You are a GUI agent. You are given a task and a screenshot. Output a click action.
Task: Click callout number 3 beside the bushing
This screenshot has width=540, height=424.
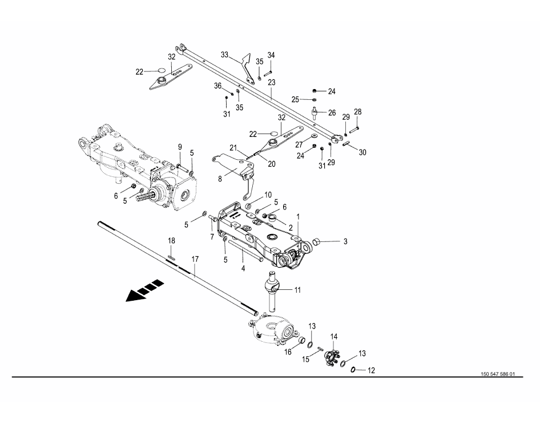(345, 243)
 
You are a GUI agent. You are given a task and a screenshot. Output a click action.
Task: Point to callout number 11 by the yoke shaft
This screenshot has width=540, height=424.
(297, 290)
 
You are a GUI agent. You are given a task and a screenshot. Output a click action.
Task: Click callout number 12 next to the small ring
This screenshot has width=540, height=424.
(371, 370)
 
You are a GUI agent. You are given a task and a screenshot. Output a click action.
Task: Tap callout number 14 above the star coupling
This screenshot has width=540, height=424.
(334, 337)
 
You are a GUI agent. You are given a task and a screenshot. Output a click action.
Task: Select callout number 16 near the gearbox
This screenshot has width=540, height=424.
(288, 352)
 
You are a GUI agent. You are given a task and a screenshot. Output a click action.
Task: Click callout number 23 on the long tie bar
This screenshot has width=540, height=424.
(272, 83)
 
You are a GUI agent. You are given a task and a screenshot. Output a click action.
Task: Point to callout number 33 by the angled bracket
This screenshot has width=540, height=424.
(224, 55)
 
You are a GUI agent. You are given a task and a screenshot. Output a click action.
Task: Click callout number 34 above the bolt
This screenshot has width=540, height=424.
(271, 55)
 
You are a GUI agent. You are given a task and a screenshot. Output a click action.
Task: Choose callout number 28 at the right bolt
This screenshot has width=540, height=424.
(357, 111)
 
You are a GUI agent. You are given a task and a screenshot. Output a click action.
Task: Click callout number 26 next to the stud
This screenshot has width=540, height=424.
(332, 112)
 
